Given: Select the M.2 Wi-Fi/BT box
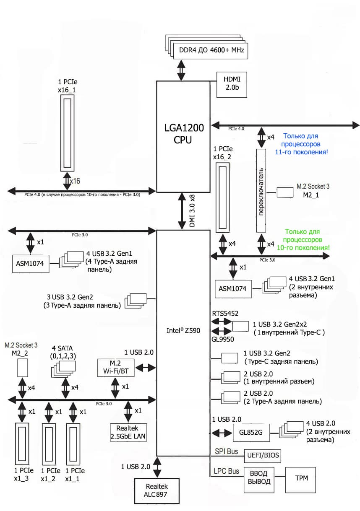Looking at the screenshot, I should pos(115,367).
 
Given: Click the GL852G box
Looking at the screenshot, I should pos(250,433).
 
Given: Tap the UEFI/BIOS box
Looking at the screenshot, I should pos(263,455).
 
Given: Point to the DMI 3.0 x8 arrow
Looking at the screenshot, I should pos(183,211).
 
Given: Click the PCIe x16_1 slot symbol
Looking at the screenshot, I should pos(68,132).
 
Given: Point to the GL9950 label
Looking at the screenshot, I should pos(222,339).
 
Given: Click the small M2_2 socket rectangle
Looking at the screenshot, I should pos(22,368).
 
